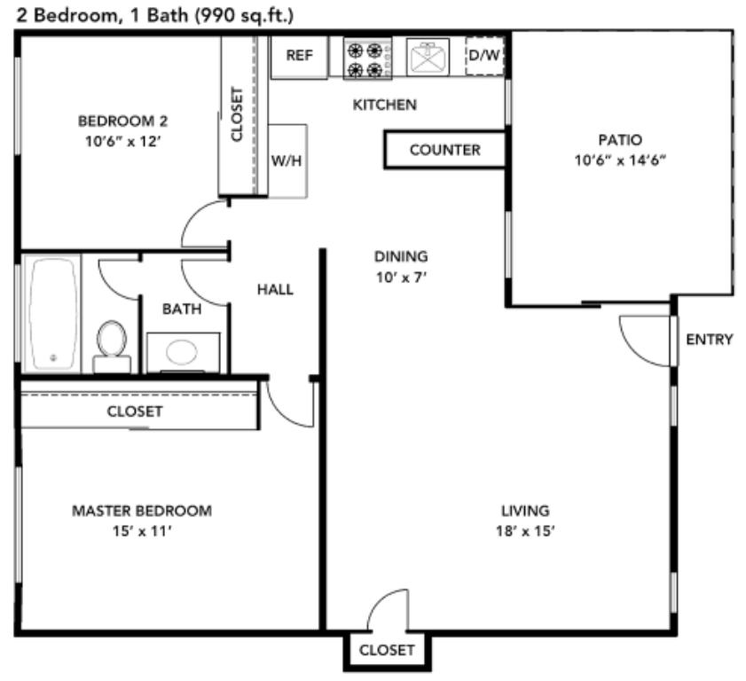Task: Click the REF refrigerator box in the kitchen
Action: click(299, 57)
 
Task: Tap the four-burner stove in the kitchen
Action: click(368, 59)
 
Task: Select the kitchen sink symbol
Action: click(428, 57)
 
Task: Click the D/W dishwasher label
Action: click(484, 55)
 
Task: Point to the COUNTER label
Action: click(444, 150)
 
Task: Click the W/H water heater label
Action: click(287, 160)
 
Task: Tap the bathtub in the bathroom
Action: click(51, 314)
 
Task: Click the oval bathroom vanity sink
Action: click(181, 352)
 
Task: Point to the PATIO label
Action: click(620, 140)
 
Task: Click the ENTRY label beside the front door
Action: click(710, 340)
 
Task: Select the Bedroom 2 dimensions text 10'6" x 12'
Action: click(123, 142)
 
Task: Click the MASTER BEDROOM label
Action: click(142, 511)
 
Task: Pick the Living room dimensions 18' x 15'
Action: click(525, 531)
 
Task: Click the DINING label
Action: click(401, 256)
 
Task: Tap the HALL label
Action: click(275, 289)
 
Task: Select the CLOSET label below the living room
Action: click(387, 650)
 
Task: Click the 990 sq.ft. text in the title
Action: click(245, 15)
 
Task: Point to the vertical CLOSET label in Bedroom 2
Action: click(237, 114)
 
